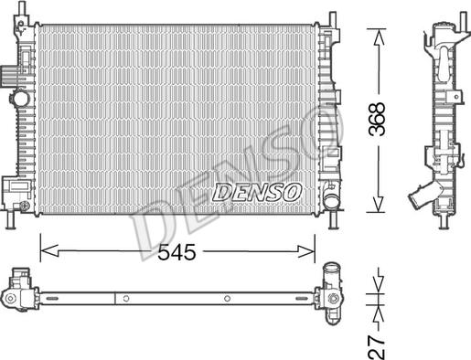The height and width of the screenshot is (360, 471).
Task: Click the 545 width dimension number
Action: pos(177,252)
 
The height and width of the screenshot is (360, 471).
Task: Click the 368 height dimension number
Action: pos(377,119)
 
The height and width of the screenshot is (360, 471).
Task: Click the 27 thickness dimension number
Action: pos(377,347)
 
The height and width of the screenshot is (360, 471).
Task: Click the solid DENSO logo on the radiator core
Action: pos(257,193)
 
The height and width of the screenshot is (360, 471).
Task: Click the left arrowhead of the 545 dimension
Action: pos(49,251)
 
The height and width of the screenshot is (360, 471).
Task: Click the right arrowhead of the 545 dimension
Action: pos(305,251)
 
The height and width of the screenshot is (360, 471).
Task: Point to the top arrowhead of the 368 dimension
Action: pos(378,37)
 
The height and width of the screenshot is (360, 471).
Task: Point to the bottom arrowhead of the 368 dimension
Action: pos(378,204)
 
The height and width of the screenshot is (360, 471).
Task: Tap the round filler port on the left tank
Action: pos(21,98)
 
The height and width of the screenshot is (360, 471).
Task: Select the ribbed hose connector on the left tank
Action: pos(8,76)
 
